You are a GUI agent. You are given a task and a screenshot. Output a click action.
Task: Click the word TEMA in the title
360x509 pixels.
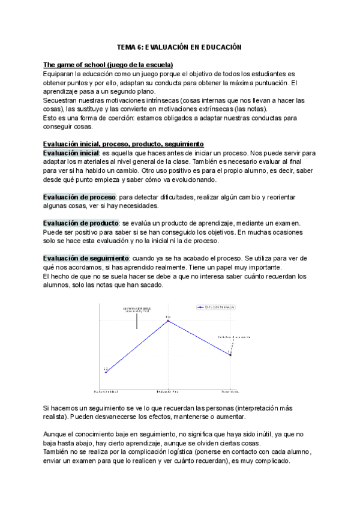[x=126, y=47]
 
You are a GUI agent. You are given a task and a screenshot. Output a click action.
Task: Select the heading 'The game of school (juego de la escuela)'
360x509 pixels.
[x=108, y=65]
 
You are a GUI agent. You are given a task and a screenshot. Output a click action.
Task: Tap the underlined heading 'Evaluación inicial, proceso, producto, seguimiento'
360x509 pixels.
[x=124, y=144]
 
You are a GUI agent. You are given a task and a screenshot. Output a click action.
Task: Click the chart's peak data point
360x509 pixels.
[x=169, y=321]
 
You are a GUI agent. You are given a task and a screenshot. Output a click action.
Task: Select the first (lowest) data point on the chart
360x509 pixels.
[x=106, y=373]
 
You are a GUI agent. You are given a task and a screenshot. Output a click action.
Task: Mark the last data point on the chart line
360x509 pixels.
[x=230, y=355]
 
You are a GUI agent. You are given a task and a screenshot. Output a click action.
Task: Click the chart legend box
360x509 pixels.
[x=216, y=307]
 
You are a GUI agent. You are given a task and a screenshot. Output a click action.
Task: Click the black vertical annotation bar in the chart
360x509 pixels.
[x=137, y=321]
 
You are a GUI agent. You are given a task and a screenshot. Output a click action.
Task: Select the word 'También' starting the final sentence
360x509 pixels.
[x=58, y=452]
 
